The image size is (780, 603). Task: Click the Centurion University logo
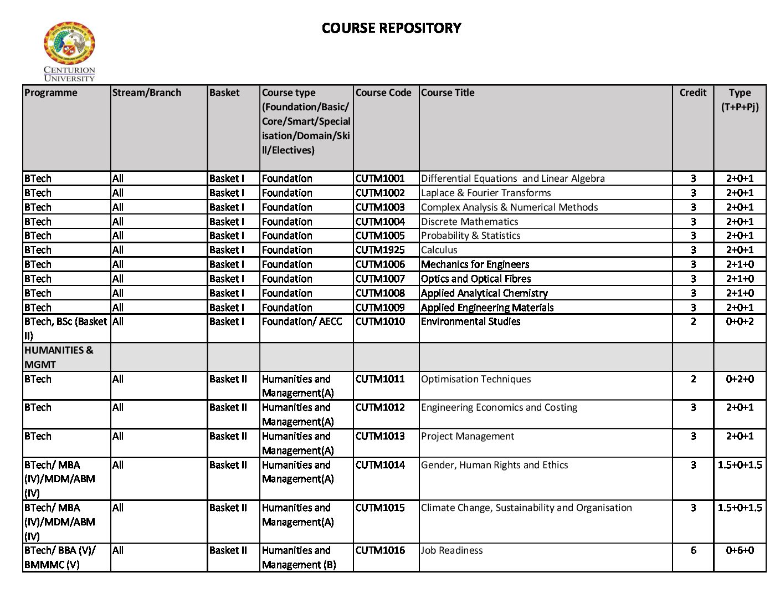pos(69,51)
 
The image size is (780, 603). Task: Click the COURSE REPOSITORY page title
pos(391,28)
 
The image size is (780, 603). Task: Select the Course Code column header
pos(383,93)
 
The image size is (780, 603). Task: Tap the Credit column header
pos(692,93)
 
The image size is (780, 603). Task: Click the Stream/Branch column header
pos(147,93)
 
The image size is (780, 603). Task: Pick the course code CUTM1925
pos(380,250)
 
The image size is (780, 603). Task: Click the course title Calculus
pos(439,250)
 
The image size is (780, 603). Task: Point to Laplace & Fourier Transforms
pos(486,193)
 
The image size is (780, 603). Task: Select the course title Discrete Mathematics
pos(469,222)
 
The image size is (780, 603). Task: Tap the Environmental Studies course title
pos(470,321)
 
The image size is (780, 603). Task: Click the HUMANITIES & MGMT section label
pos(59,357)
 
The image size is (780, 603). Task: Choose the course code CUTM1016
pos(380,550)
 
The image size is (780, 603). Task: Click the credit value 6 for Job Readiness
pos(693,550)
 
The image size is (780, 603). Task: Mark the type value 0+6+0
pos(740,550)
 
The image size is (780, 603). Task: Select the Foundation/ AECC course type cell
pos(302,321)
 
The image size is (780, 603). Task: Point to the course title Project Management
pos(468,436)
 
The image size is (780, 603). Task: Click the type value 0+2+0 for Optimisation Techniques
pos(740,379)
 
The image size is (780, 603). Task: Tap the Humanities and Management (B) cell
pos(299,558)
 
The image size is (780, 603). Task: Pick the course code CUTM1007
pos(380,279)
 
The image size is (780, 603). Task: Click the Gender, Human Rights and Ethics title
pos(494,465)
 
